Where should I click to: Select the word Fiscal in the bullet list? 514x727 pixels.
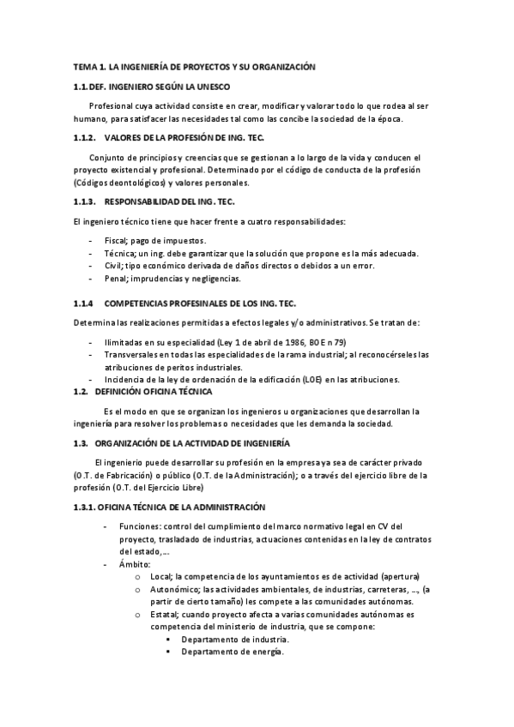[115, 240]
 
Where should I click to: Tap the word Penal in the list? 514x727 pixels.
[115, 278]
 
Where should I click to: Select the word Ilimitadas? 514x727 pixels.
[125, 341]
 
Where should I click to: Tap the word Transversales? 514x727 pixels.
[133, 354]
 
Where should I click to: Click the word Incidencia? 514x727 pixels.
[124, 379]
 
